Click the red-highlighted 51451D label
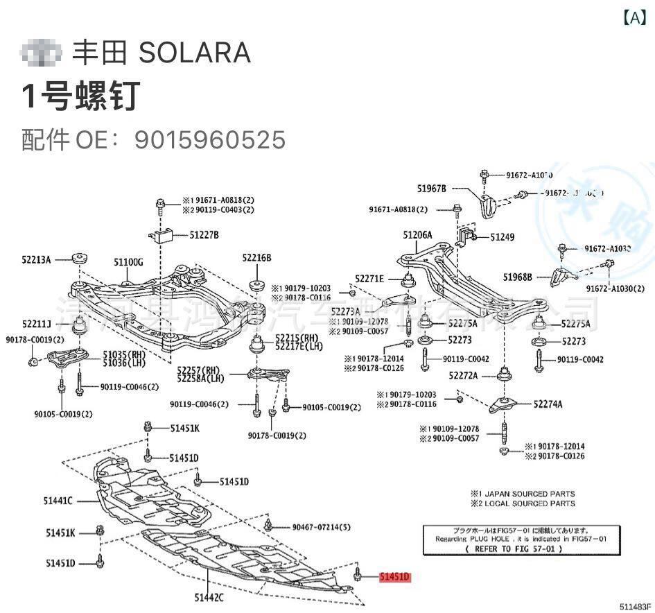(395, 576)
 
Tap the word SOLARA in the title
(195, 53)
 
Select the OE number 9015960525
(210, 140)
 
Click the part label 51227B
(204, 235)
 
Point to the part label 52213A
(36, 259)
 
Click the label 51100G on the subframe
(128, 262)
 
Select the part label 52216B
(256, 258)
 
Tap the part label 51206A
(417, 235)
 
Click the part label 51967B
(432, 188)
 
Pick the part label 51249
(503, 237)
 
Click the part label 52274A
(548, 404)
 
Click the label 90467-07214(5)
(321, 527)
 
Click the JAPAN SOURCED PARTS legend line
(523, 494)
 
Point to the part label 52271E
(369, 279)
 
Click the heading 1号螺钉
(81, 96)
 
